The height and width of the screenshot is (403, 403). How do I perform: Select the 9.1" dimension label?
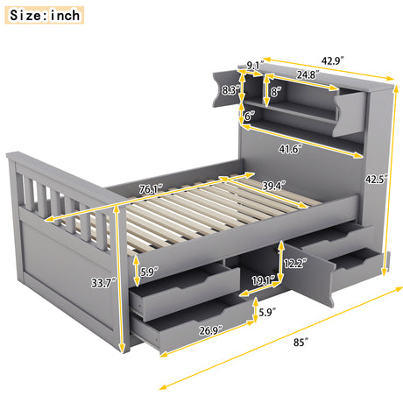click(x=254, y=65)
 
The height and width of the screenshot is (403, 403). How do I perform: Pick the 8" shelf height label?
click(x=274, y=90)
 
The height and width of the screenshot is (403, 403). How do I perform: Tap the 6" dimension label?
click(x=249, y=115)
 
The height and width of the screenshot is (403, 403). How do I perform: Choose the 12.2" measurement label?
click(x=295, y=259)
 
